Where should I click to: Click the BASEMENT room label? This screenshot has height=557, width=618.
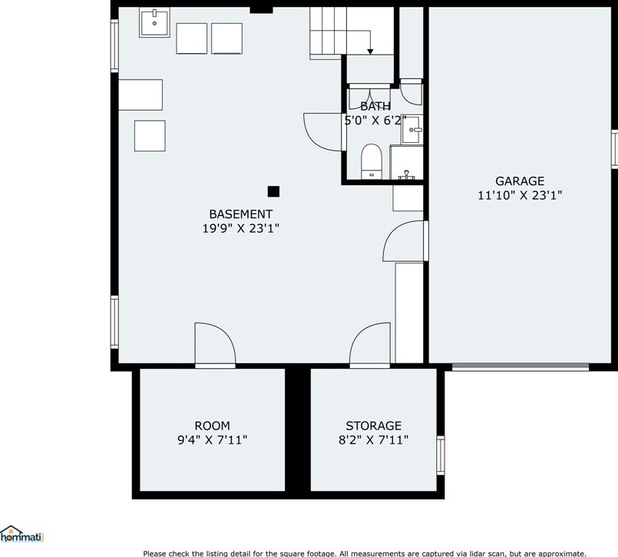pos(240,214)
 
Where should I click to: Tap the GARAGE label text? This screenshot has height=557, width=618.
pos(519,181)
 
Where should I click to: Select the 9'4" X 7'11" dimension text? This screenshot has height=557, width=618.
pos(212,440)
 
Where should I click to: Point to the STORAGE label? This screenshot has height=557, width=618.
pos(373,426)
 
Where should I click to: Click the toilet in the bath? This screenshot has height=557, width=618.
pos(372,161)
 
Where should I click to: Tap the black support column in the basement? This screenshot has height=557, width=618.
pos(273,191)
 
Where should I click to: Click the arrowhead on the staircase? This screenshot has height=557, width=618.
pos(370,51)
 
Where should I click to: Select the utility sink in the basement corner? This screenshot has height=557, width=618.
pos(154,22)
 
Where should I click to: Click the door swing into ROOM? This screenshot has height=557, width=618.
pos(214,345)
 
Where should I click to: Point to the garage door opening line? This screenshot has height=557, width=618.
pos(520,366)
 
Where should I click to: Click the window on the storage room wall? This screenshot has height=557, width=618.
pos(441,454)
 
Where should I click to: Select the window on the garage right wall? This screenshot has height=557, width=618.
pos(614,149)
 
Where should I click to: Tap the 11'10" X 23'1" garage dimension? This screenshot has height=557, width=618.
pos(520,196)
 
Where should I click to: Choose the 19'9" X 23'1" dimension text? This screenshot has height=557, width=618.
pos(240,228)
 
